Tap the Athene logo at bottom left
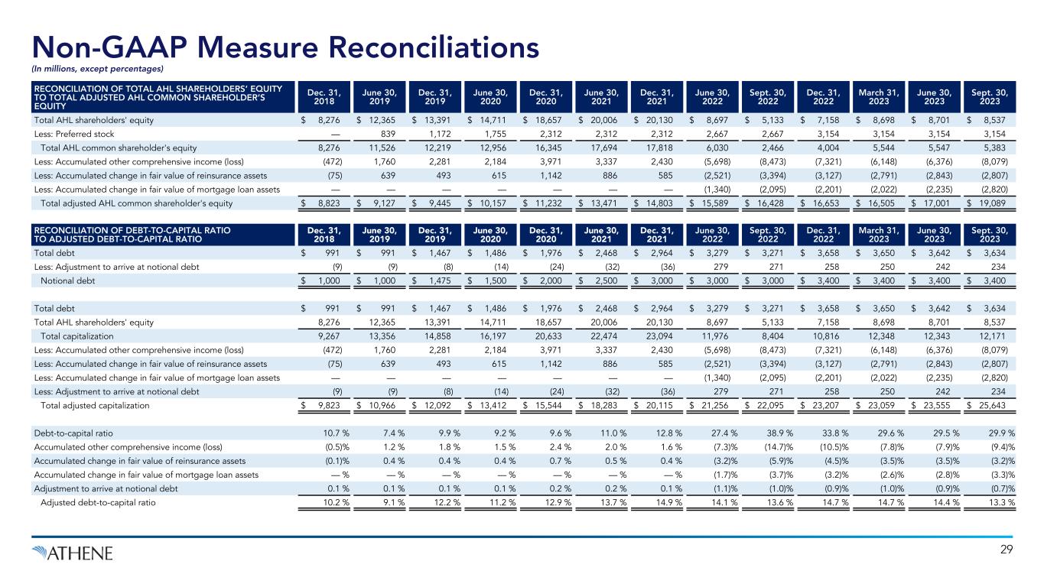point(73,552)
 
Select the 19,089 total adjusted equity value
point(997,203)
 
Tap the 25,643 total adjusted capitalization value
point(997,405)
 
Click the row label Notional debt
point(67,281)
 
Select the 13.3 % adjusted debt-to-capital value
point(1000,502)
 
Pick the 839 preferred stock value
point(384,135)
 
